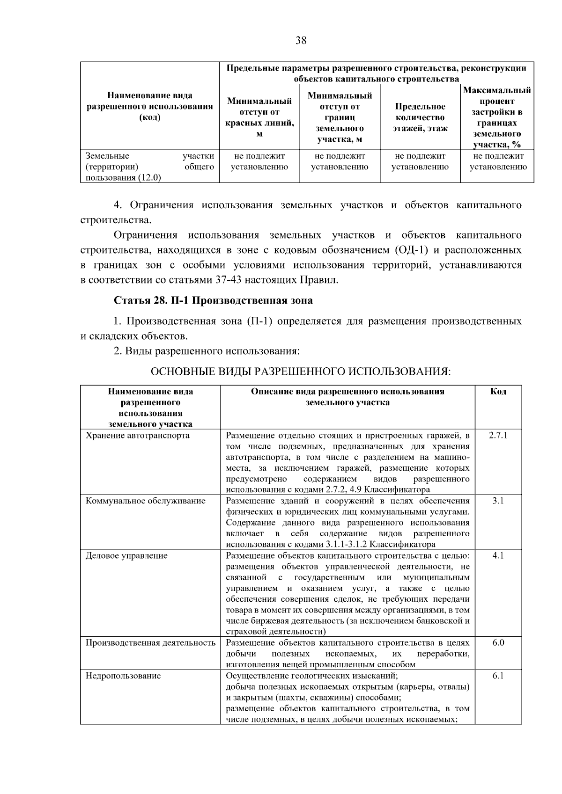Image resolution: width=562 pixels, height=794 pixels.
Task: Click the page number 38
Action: click(x=301, y=41)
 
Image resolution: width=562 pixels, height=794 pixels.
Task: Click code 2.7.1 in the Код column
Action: click(x=498, y=435)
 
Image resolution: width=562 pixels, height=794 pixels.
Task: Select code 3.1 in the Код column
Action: click(x=498, y=501)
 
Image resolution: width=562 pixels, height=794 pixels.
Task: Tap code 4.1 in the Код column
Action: click(x=498, y=555)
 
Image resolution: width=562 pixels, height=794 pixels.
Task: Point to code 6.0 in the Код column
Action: click(x=498, y=642)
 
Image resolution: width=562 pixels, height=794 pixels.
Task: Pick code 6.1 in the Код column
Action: click(x=498, y=676)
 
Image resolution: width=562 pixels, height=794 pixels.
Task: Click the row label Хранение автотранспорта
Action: click(x=137, y=435)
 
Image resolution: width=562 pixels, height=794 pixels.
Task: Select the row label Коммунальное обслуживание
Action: click(x=145, y=501)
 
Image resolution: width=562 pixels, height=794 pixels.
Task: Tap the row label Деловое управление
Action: click(x=126, y=555)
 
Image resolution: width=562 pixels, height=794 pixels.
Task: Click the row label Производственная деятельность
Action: click(x=150, y=642)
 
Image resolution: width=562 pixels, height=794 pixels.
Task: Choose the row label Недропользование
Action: click(x=123, y=676)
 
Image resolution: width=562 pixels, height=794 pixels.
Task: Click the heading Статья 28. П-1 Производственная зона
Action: click(x=213, y=300)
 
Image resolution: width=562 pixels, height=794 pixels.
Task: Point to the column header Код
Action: click(x=498, y=392)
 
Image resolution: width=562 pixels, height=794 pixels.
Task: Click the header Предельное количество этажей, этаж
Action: click(x=420, y=117)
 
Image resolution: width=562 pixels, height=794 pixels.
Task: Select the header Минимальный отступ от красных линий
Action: click(x=259, y=117)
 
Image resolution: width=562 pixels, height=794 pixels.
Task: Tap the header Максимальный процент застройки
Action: click(x=497, y=117)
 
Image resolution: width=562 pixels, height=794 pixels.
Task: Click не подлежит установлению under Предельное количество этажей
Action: click(x=420, y=161)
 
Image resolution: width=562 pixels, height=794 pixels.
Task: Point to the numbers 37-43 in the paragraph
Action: click(x=250, y=280)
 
